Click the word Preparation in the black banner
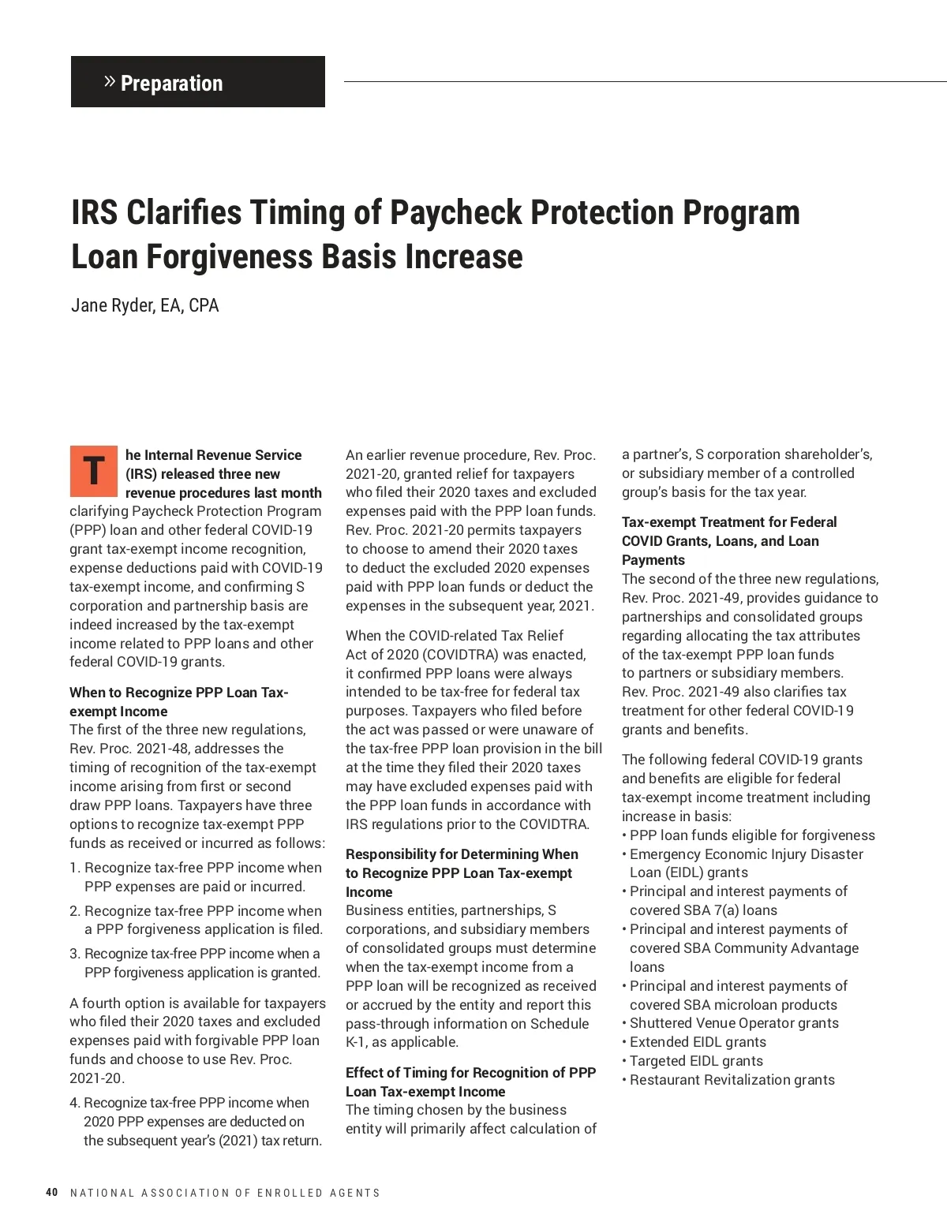[171, 83]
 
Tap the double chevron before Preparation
[110, 81]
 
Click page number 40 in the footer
[52, 1192]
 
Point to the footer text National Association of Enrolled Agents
[225, 1193]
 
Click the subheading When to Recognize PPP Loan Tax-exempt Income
[179, 701]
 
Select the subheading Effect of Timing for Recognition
[470, 1081]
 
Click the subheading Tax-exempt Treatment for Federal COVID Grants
[729, 540]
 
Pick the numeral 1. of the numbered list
[75, 868]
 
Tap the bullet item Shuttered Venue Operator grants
[734, 1023]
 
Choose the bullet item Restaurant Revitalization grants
[732, 1080]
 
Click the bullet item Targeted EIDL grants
[696, 1061]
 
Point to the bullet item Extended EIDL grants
[698, 1042]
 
